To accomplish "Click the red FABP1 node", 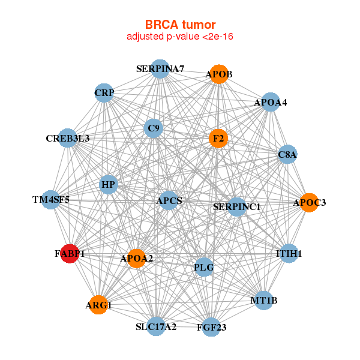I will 70,254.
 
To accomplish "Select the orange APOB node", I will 219,74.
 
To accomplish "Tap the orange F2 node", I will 218,139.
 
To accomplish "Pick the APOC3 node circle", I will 309,202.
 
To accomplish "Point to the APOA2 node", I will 137,259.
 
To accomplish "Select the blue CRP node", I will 104,93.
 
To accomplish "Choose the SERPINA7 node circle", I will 160,69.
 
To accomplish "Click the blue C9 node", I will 154,128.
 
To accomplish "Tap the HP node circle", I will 109,184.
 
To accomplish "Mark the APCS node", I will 169,200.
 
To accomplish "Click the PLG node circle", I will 204,267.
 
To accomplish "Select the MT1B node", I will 263,300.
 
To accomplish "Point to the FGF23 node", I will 211,328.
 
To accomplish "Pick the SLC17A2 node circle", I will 156,326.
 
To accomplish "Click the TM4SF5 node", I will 51,199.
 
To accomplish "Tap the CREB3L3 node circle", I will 68,138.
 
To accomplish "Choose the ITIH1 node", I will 289,254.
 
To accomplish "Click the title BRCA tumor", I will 180,25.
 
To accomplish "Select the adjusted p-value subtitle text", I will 180,37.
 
